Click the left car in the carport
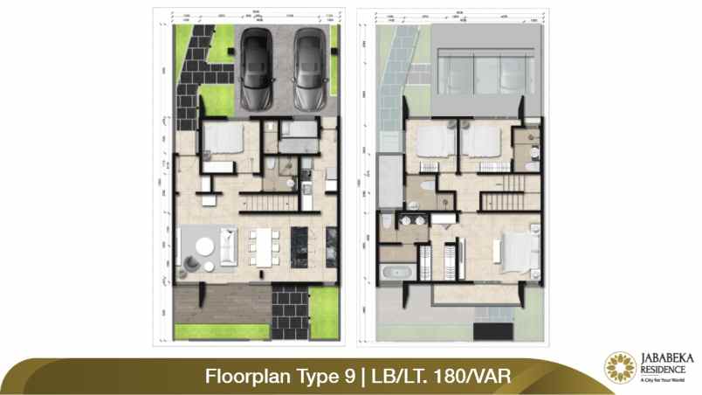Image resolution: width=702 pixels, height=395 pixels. click(x=258, y=70)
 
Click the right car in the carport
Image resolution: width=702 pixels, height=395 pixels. click(x=307, y=70)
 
